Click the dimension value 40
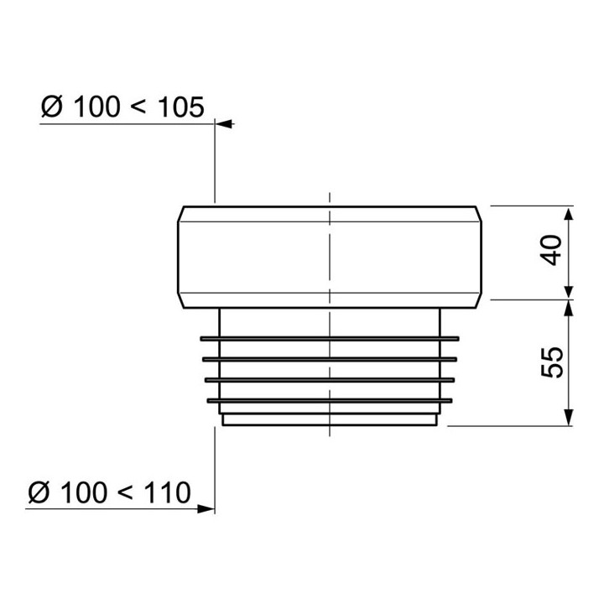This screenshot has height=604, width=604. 552,250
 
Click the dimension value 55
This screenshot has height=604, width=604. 552,362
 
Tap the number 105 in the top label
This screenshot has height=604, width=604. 180,107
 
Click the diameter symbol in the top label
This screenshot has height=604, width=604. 52,107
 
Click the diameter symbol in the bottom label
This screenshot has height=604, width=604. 39,492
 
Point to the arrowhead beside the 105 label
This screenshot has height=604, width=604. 224,124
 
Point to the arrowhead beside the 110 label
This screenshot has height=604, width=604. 206,509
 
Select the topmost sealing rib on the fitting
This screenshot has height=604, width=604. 330,339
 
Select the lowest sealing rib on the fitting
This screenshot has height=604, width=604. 330,401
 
